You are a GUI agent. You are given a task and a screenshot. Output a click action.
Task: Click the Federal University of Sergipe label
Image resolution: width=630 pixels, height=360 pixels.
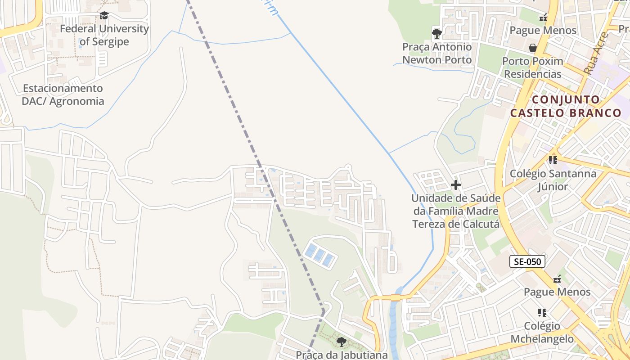click(x=104, y=35)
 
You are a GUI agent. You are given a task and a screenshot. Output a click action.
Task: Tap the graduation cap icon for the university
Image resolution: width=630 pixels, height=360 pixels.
click(x=104, y=16)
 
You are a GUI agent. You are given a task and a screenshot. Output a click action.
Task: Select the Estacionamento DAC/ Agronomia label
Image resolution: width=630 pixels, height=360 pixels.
click(x=63, y=94)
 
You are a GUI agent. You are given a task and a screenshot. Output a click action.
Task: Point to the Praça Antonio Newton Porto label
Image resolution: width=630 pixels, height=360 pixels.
click(x=437, y=53)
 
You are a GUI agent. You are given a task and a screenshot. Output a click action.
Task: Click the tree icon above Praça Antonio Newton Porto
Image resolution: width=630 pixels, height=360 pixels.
click(x=436, y=33)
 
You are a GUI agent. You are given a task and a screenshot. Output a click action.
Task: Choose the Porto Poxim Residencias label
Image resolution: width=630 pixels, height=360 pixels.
click(x=532, y=67)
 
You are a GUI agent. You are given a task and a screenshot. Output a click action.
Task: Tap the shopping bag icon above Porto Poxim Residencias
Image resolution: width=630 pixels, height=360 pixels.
click(x=533, y=48)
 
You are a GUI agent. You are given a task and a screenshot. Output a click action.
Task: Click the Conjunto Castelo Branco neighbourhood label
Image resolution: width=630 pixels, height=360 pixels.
click(x=566, y=106)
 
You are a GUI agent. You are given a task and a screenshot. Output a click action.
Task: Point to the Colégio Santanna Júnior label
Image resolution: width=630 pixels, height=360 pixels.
click(x=553, y=180)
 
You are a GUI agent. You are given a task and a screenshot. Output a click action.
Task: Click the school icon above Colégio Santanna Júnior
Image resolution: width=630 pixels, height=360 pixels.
click(x=553, y=160)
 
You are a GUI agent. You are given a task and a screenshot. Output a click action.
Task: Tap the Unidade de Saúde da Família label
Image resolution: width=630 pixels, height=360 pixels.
click(x=456, y=211)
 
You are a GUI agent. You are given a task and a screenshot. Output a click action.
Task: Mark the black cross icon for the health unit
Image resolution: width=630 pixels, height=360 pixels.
click(x=456, y=184)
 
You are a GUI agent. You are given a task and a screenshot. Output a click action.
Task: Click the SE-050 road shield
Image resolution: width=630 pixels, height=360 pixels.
click(x=527, y=261)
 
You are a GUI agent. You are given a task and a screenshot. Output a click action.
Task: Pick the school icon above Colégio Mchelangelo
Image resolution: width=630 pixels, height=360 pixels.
click(x=542, y=312)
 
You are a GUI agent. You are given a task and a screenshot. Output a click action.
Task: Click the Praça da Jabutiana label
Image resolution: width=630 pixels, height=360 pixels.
click(x=342, y=355)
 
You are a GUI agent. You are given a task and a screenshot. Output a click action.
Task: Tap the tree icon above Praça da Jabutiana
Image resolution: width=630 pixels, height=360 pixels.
click(x=341, y=342)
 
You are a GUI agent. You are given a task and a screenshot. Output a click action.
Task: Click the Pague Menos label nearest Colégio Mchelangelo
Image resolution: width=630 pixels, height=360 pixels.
click(x=557, y=292)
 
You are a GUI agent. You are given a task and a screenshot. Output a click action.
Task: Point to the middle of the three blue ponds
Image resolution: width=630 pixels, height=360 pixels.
click(x=319, y=255)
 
